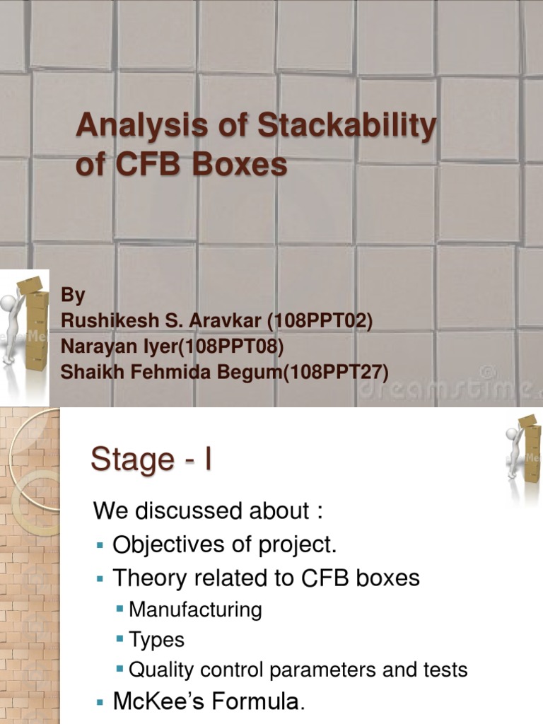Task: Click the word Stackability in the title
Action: coord(347,127)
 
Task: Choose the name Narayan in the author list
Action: coord(95,346)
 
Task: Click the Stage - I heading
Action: coord(151,460)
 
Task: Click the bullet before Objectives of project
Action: coord(99,546)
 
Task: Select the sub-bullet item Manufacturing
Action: coord(195,609)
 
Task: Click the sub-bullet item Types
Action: coord(156,640)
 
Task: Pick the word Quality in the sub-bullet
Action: coord(160,670)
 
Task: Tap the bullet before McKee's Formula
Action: coord(99,703)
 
